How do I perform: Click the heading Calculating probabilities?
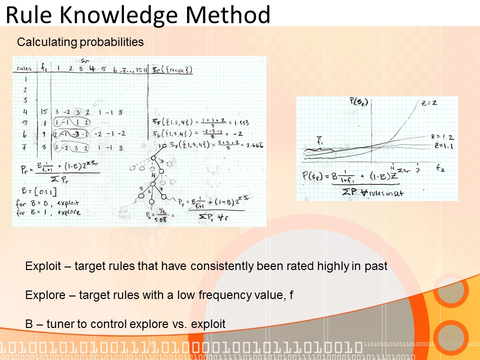80,42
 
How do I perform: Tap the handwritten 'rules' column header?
24,68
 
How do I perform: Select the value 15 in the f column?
44,112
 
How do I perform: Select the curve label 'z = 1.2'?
441,136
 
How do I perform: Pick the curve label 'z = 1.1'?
441,145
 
